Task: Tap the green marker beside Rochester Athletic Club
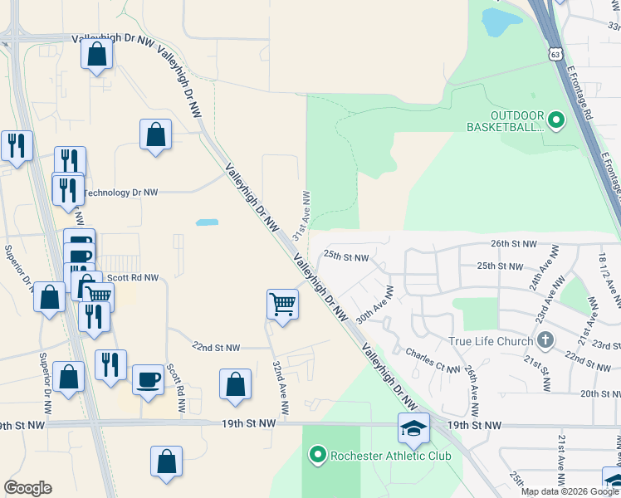pos(316,455)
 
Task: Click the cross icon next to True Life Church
pos(545,340)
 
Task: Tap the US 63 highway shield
pos(555,54)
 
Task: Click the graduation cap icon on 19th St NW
pos(413,427)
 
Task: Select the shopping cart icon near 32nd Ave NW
pos(282,305)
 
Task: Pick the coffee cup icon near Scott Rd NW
pos(149,379)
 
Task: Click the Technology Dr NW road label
pos(120,193)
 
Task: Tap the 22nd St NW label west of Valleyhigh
pos(216,348)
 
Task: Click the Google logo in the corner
pos(27,488)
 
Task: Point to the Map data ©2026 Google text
pos(570,491)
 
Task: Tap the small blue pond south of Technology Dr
pos(207,222)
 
